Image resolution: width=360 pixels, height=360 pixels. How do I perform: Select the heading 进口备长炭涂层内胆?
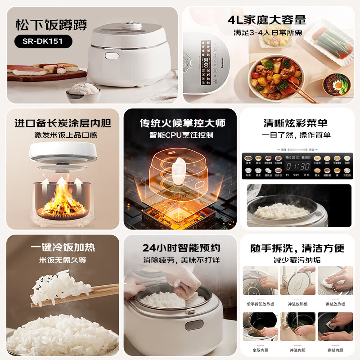[63, 123]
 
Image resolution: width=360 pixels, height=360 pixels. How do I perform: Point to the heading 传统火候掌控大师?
[182, 123]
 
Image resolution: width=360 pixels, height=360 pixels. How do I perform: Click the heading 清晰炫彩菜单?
[296, 123]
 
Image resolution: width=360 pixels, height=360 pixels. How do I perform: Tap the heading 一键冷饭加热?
[63, 247]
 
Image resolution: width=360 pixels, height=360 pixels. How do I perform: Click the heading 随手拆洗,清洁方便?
[297, 247]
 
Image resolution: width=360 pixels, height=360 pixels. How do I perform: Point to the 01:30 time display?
[298, 166]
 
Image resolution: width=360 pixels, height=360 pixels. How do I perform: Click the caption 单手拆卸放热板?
[261, 304]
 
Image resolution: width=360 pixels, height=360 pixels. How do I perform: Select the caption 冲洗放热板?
[298, 304]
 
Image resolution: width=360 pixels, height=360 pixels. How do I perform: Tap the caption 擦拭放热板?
[335, 304]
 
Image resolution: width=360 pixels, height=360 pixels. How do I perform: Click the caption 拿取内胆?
[261, 349]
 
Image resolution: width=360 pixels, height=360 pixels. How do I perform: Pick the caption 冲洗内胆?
[298, 349]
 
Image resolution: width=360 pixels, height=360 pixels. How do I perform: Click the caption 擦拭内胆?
[335, 349]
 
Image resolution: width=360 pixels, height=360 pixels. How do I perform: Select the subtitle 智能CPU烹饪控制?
[182, 135]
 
